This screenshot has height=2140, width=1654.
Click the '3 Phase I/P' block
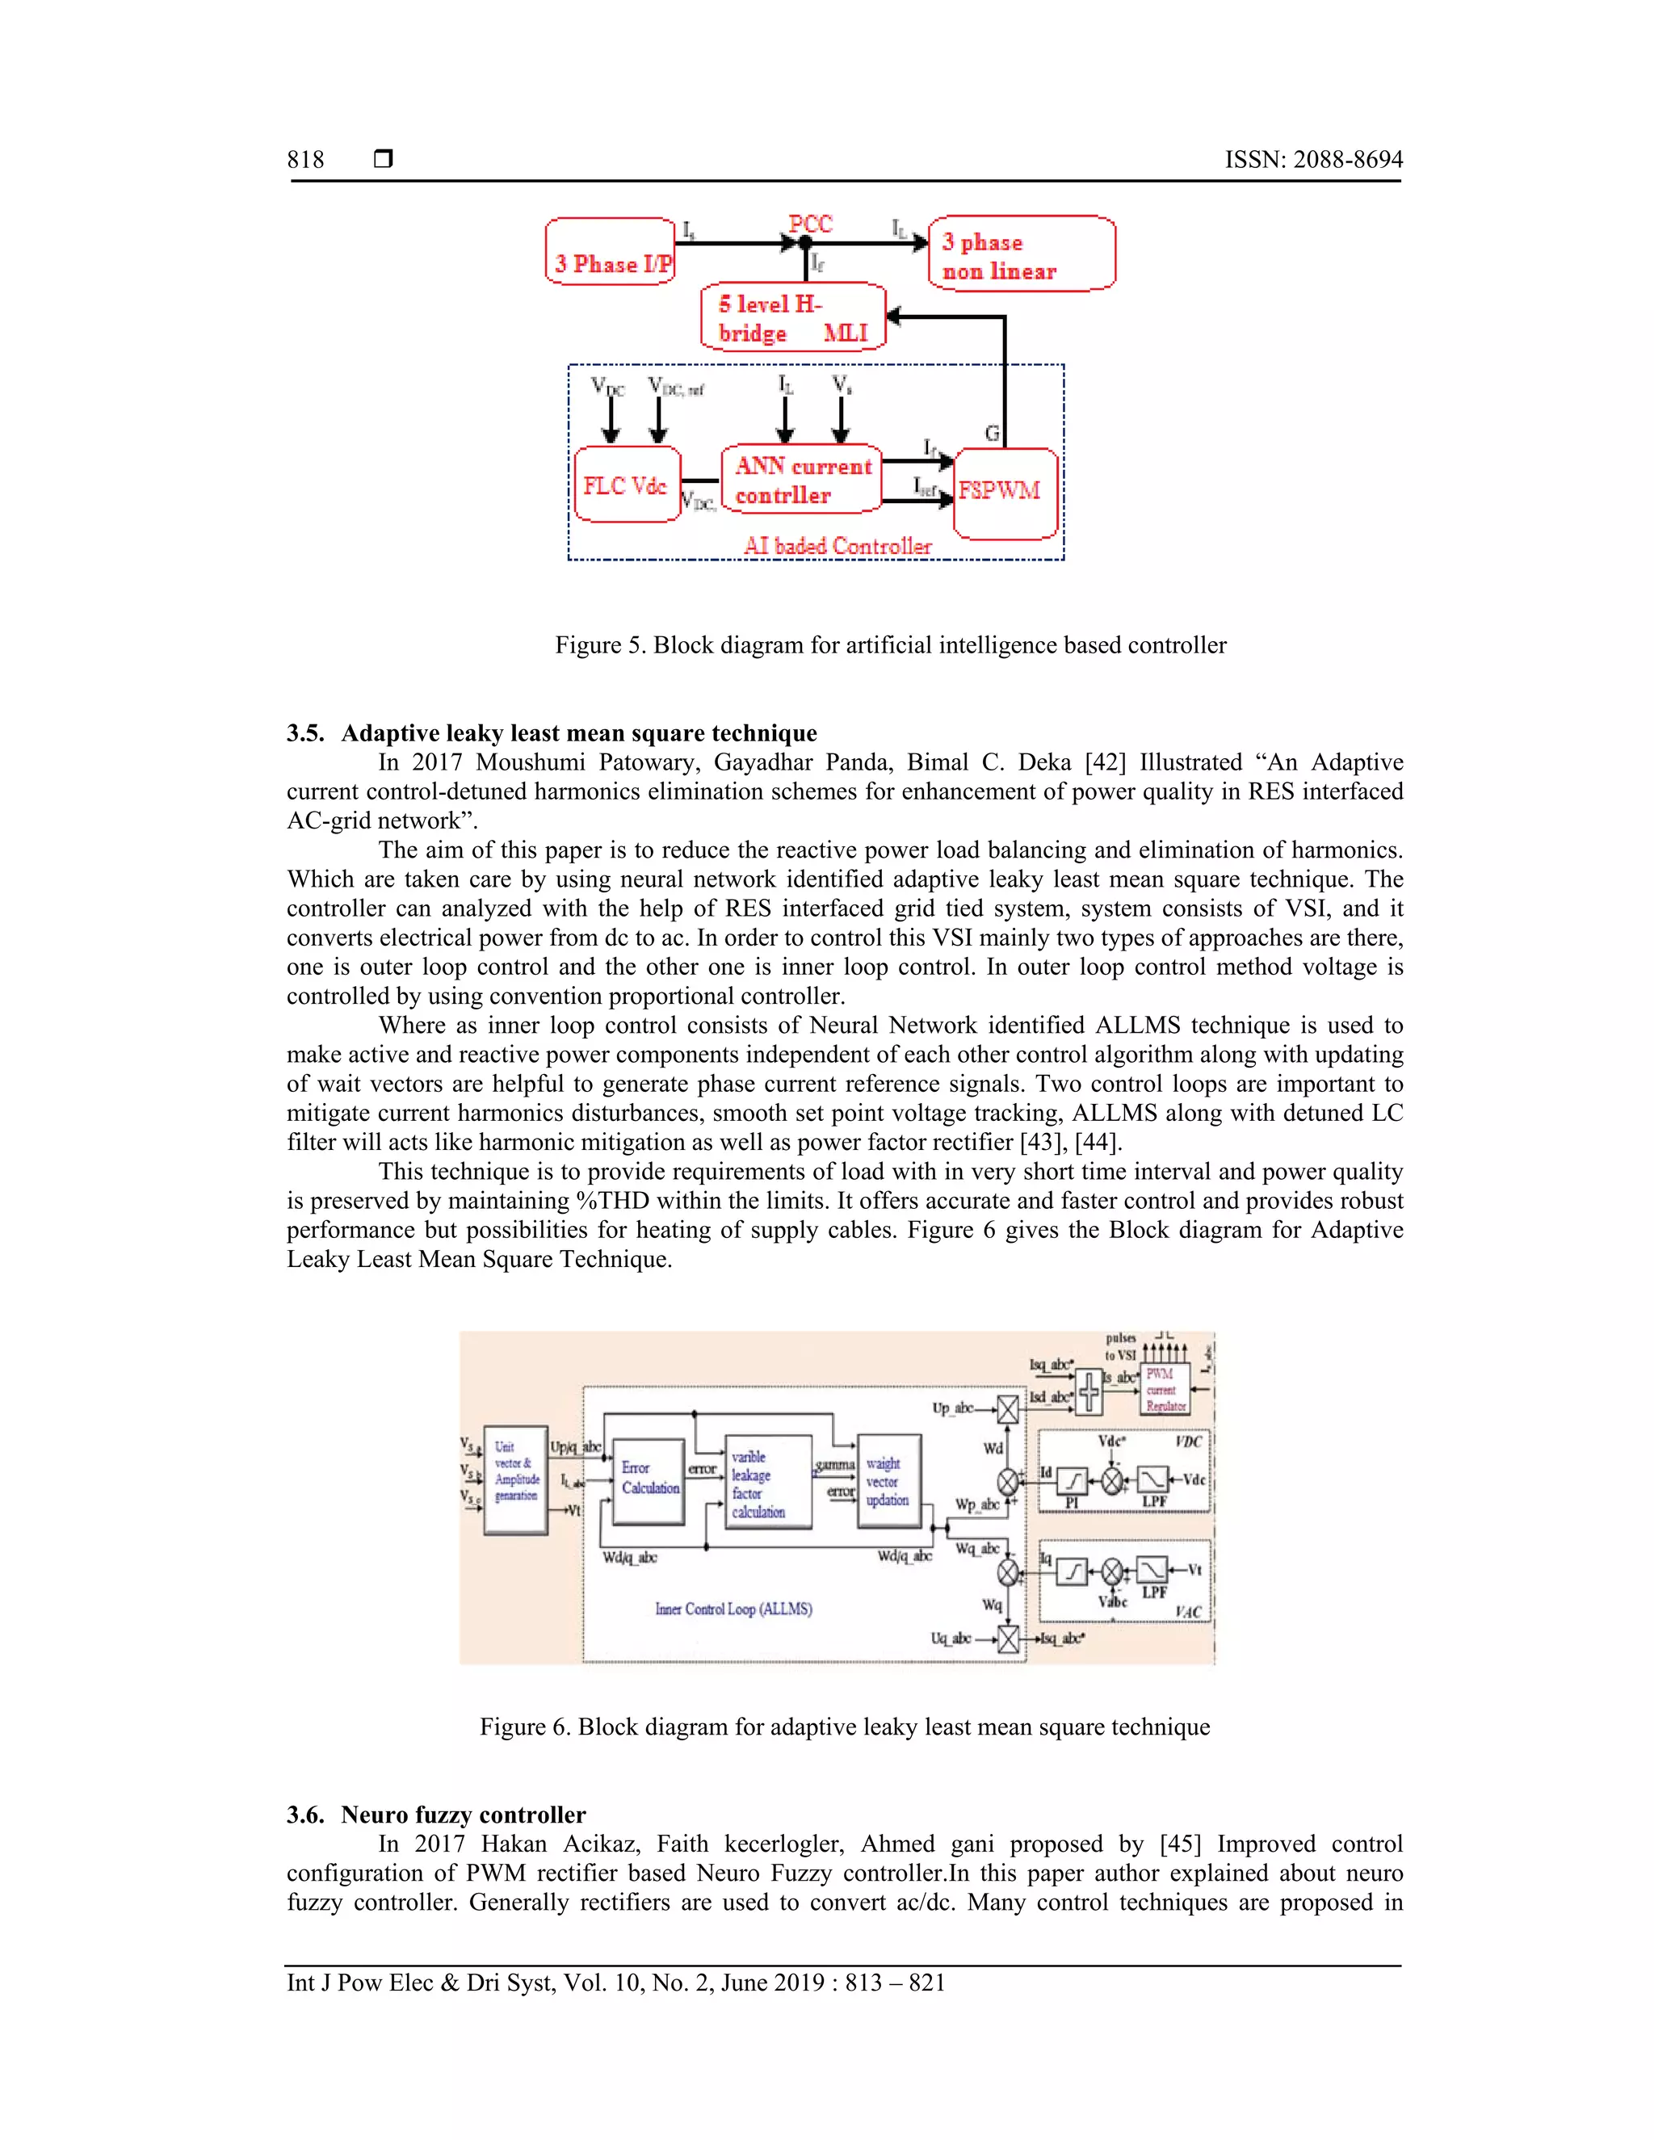click(611, 253)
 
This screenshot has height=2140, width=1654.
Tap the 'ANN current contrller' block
click(801, 480)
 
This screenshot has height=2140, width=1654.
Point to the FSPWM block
click(1005, 493)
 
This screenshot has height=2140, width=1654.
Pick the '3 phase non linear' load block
click(1021, 254)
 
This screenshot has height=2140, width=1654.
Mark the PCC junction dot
click(805, 243)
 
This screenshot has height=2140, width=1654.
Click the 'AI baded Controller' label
click(837, 546)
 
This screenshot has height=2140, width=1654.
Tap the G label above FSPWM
click(992, 433)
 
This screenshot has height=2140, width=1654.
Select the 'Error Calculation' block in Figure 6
click(649, 1480)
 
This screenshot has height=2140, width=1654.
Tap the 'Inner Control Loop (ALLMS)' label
click(733, 1609)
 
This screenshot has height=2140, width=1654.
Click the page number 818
click(306, 160)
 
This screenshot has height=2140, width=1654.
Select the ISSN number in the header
click(1313, 160)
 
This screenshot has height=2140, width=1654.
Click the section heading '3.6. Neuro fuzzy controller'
click(436, 1815)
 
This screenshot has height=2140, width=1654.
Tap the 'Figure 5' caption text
click(890, 644)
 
